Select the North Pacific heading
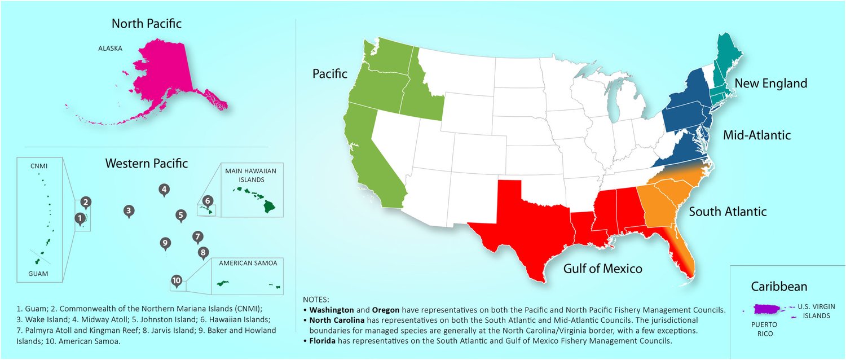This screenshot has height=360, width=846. point(147,24)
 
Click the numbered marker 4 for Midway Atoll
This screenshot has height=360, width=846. point(164,190)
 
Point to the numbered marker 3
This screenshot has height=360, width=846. point(129,212)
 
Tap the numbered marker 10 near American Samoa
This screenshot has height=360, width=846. point(177,280)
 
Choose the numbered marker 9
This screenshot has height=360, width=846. point(165,244)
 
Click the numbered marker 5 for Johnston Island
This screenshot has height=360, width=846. point(180,215)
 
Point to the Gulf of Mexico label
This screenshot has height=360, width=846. point(602,269)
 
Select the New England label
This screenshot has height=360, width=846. point(770,84)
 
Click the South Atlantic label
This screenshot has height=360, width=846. point(728,212)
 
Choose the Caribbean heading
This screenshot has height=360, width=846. point(779,287)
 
